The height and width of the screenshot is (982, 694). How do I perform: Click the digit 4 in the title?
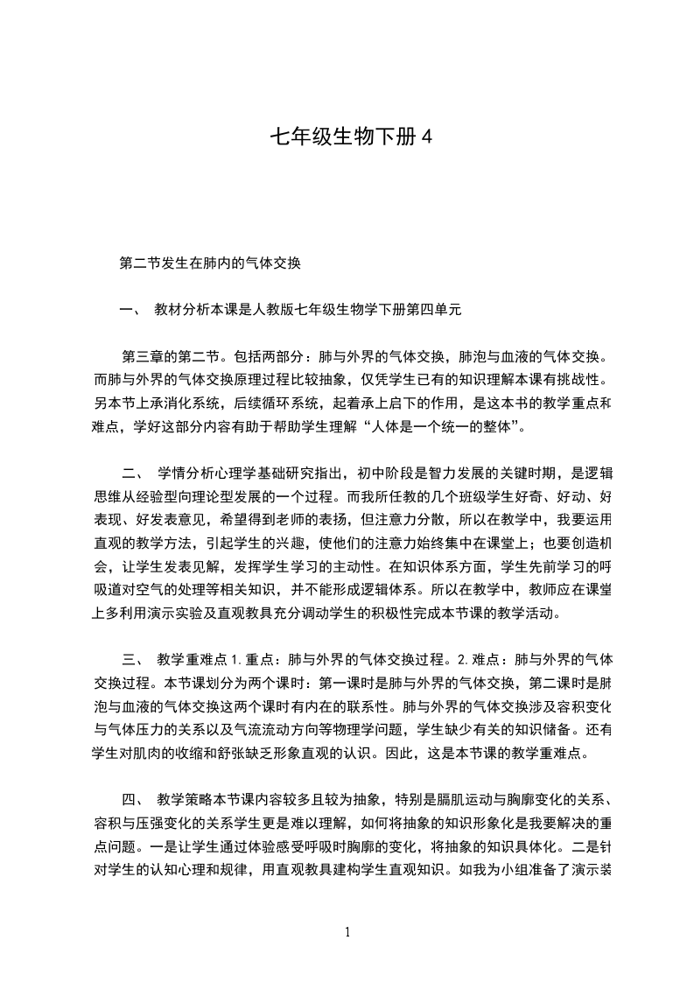coord(428,137)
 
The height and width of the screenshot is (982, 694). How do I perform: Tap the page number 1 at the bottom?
coord(347,931)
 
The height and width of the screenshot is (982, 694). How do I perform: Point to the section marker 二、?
coord(133,473)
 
